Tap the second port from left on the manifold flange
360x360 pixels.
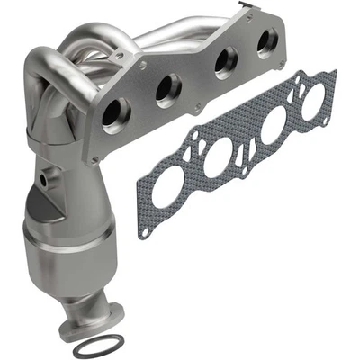(x=167, y=89)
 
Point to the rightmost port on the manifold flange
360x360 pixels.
(x=266, y=43)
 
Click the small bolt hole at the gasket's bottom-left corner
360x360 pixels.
(x=145, y=229)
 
